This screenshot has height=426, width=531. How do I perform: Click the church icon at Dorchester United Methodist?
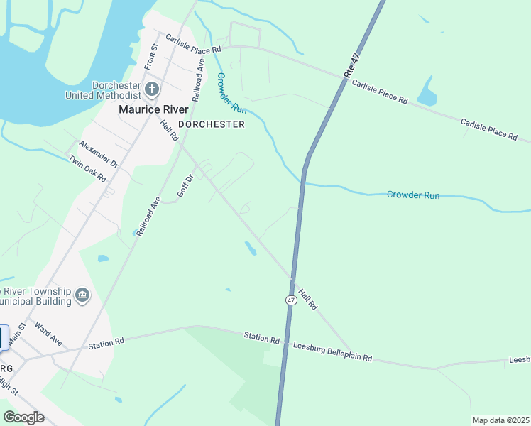[x=152, y=89]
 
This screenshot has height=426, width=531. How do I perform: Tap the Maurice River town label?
[x=153, y=109]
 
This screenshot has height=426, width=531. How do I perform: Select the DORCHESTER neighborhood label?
[x=212, y=124]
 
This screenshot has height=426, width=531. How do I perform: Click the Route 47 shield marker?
[x=291, y=300]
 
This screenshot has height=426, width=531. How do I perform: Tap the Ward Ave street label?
[x=48, y=335]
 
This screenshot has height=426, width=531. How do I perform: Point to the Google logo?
[x=24, y=417]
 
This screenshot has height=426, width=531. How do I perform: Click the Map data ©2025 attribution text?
[x=500, y=420]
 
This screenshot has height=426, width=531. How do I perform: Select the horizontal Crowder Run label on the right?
[x=413, y=195]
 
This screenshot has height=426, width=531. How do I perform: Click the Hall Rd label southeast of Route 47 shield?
[x=307, y=297]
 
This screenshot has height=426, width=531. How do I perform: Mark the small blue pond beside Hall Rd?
[x=251, y=248]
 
